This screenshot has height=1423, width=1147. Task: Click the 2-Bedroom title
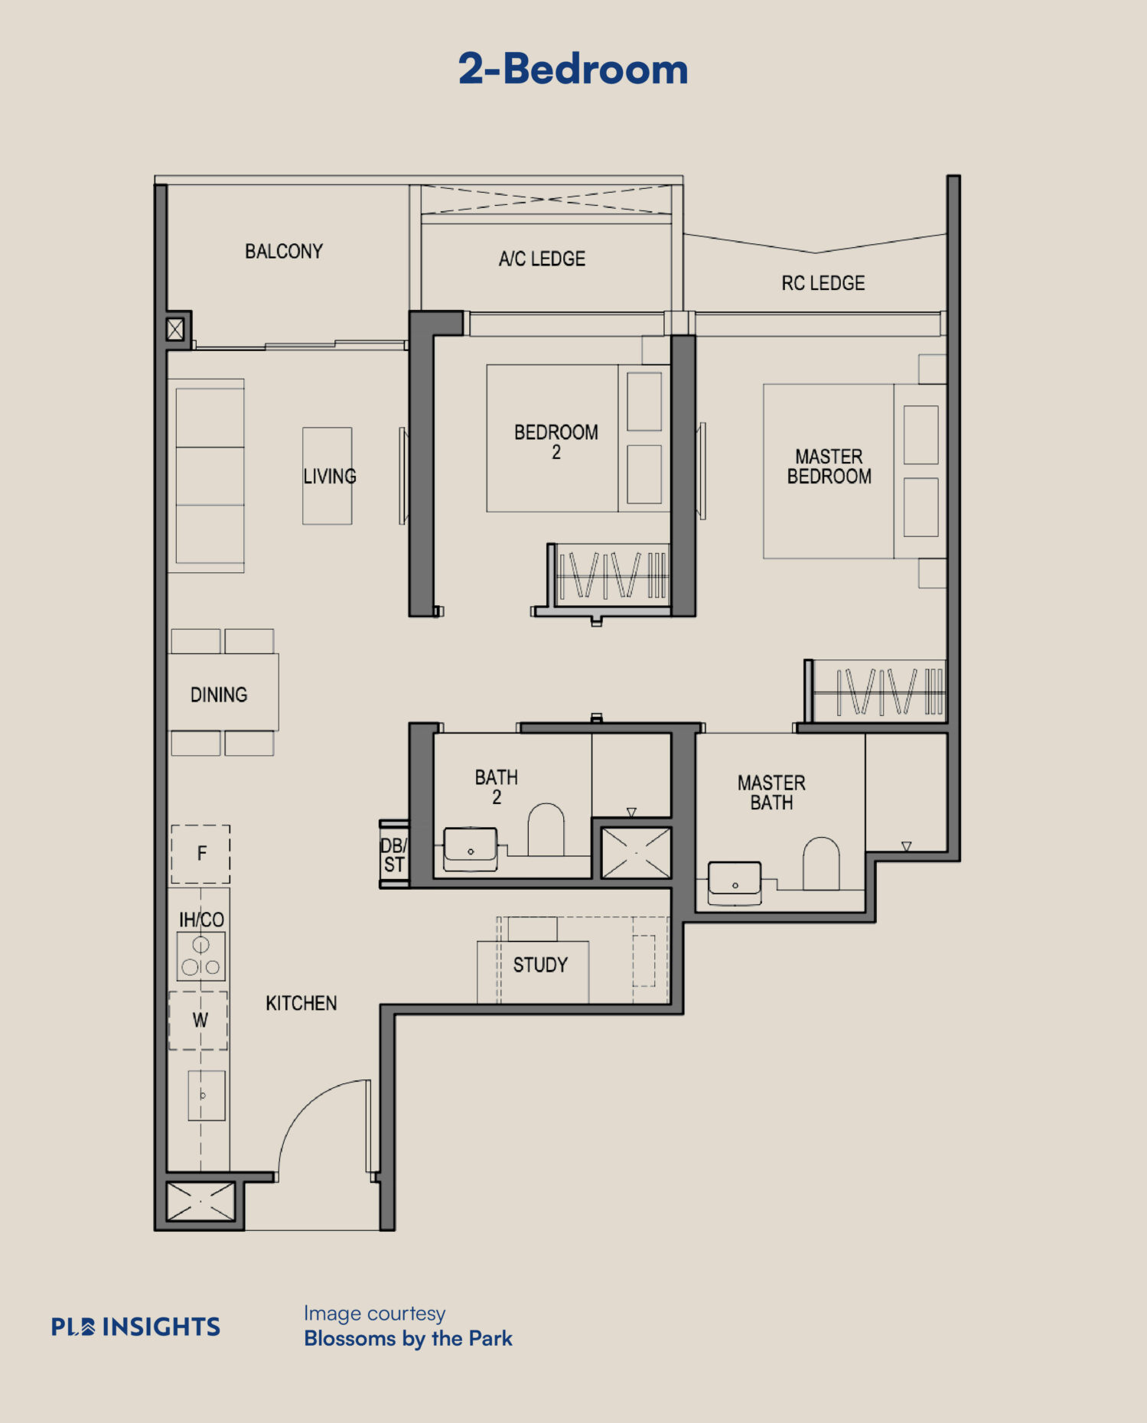(573, 69)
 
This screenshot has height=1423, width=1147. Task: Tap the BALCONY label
(284, 251)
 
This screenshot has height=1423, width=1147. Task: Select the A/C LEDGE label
(542, 259)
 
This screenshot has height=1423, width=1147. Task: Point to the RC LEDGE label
(823, 283)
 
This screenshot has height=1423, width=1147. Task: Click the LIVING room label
(330, 477)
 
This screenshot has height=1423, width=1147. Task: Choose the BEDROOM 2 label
(556, 442)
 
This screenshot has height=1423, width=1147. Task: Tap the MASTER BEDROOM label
(829, 467)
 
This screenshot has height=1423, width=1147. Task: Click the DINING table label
(219, 695)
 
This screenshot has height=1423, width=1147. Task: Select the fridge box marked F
(200, 854)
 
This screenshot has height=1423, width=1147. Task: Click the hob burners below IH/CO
(201, 956)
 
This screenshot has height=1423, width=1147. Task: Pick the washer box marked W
(198, 1021)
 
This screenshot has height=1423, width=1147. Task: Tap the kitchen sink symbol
(207, 1096)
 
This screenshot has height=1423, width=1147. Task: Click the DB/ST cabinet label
(394, 855)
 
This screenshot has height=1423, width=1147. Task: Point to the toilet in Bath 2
(546, 829)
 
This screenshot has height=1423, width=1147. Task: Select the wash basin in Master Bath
(735, 882)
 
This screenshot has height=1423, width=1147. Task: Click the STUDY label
(540, 965)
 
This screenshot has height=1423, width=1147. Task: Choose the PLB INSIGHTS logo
(135, 1327)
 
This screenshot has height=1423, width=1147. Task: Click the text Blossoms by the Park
(408, 1338)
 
